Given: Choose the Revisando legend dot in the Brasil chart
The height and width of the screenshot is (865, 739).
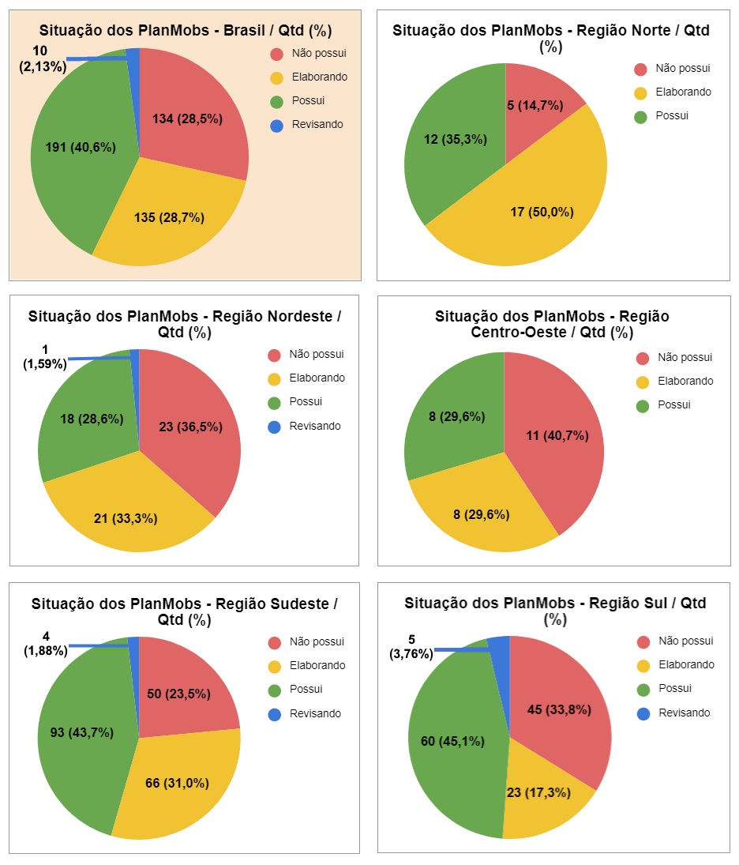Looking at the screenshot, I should pos(276,125).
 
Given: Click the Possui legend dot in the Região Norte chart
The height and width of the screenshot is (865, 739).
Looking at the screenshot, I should pos(640,116).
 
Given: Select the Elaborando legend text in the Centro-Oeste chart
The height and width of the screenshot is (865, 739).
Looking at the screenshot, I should pos(685,381).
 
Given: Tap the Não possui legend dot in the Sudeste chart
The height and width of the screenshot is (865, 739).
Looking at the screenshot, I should pos(275,642).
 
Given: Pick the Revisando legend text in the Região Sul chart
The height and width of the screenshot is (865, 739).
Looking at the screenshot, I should pos(684,713).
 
